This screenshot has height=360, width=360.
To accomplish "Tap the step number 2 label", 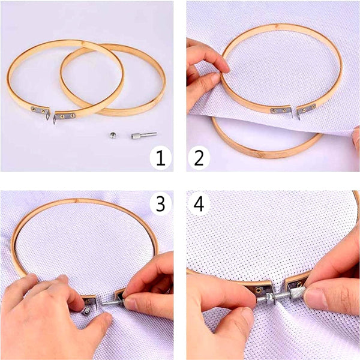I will coord(199,158).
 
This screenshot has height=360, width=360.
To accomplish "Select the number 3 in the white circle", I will coord(160,205).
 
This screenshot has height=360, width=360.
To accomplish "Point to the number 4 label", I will coord(199,205).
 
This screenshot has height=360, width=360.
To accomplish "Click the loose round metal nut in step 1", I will coord(113,136).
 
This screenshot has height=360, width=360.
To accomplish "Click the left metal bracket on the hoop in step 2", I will coord(278,110).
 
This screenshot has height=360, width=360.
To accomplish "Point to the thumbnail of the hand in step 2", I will coord(215,78).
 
